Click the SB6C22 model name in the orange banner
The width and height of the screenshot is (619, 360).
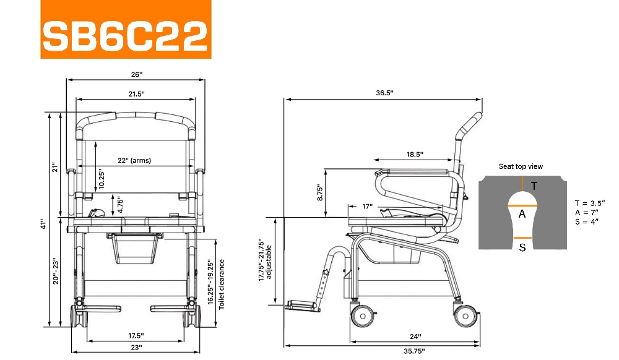click(x=125, y=35)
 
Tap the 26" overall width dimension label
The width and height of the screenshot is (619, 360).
click(x=137, y=74)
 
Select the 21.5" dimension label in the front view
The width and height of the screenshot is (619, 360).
click(x=136, y=94)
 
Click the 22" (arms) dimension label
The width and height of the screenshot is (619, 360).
click(x=134, y=160)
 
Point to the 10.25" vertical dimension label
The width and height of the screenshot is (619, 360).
click(x=102, y=179)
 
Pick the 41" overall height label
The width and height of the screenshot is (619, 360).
click(x=43, y=224)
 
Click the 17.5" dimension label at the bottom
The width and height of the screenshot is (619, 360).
click(x=136, y=335)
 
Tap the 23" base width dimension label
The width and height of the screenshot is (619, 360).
click(x=136, y=348)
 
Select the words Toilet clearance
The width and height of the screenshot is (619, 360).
click(x=222, y=285)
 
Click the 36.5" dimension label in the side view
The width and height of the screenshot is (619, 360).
click(x=384, y=93)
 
